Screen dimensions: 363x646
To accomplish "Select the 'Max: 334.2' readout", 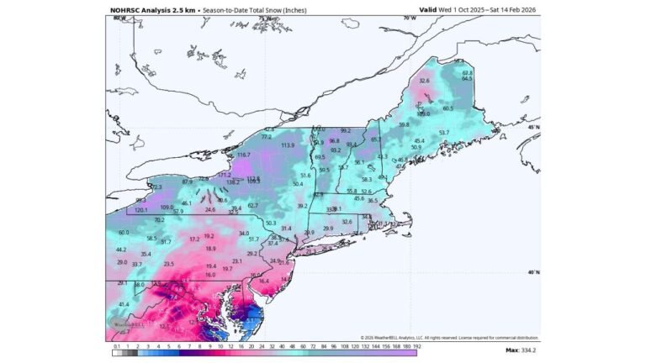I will [x=523, y=349].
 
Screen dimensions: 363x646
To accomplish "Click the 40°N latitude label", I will [x=532, y=272].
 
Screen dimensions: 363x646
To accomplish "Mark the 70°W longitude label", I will [x=410, y=18].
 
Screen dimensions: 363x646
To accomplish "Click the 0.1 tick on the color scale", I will [x=116, y=345].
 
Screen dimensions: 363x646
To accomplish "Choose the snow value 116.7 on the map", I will [x=244, y=155].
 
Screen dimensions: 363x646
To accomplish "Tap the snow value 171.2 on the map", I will [x=224, y=175].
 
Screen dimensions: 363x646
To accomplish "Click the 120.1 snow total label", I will [x=141, y=209].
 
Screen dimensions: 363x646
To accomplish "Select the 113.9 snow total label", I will [x=288, y=145].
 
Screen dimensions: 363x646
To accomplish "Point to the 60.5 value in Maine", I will [x=447, y=108].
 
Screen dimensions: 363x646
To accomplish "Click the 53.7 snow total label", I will [x=444, y=133].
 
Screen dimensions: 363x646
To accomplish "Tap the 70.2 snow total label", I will [x=160, y=220].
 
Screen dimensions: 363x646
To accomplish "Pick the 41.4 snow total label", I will [x=124, y=304].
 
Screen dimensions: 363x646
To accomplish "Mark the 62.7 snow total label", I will [x=253, y=205].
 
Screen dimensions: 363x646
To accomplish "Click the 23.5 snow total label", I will [x=168, y=264].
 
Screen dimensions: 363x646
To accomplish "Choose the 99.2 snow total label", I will [x=345, y=131].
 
